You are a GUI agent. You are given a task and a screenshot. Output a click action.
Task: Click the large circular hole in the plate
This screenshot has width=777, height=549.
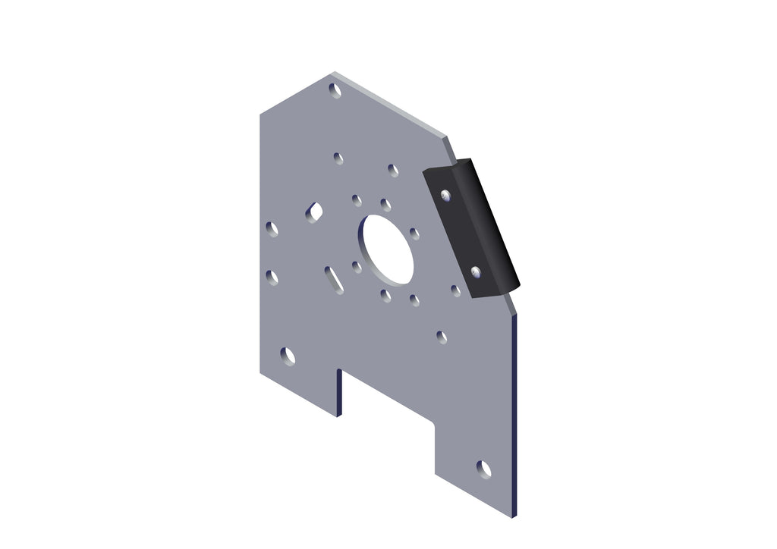[x=387, y=249]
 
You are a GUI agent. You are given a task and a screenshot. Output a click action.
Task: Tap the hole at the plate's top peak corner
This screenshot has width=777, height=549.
[x=334, y=89]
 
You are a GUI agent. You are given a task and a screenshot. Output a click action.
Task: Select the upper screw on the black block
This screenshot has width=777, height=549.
[x=446, y=196]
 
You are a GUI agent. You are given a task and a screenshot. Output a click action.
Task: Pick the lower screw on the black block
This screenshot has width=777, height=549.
[x=476, y=271]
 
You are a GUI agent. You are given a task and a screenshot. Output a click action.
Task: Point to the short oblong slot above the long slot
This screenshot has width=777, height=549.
[x=314, y=212]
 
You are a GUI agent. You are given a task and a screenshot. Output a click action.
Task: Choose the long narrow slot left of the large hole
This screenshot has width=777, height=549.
[x=334, y=279]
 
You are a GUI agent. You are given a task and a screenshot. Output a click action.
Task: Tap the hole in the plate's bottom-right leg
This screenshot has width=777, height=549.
[x=483, y=469]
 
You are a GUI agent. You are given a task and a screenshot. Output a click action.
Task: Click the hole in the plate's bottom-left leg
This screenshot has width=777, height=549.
[x=288, y=355]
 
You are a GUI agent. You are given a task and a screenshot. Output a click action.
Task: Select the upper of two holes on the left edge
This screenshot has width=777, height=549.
[x=272, y=228]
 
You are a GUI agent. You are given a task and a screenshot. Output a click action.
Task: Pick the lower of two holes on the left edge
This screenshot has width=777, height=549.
[x=272, y=278]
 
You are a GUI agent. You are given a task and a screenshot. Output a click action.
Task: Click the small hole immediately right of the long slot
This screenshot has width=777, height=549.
[x=357, y=267]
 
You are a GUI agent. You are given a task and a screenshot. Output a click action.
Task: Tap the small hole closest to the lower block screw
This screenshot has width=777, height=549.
[x=455, y=290]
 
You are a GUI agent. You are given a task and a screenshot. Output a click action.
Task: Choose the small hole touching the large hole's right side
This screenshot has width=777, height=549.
[x=414, y=234]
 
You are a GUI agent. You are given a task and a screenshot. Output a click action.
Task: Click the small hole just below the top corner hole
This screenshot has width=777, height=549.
[x=338, y=158]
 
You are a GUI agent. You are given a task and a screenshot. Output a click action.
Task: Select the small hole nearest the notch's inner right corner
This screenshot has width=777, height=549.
[x=442, y=336]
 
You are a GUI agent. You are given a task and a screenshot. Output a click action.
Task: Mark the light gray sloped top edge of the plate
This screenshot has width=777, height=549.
[x=391, y=106]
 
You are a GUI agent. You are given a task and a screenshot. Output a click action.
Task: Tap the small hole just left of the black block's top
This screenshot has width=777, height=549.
[x=393, y=171]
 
